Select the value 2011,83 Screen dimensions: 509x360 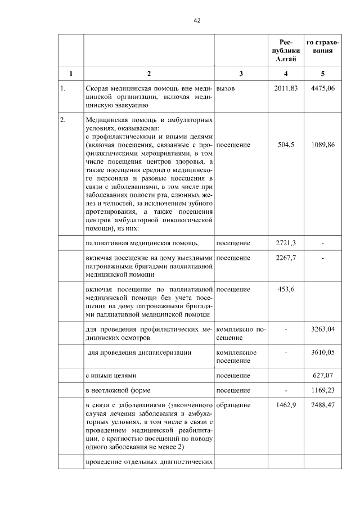[286, 88]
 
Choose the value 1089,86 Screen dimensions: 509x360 [322, 145]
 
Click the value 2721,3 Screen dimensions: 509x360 [286, 242]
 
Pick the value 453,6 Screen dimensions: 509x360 [286, 289]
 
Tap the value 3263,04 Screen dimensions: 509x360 [322, 329]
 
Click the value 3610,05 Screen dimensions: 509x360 [322, 352]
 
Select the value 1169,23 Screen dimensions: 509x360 [322, 390]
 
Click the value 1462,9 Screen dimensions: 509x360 [286, 404]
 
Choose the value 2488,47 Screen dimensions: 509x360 [322, 404]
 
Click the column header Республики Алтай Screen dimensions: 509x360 [286, 50]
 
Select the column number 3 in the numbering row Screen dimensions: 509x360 [241, 73]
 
